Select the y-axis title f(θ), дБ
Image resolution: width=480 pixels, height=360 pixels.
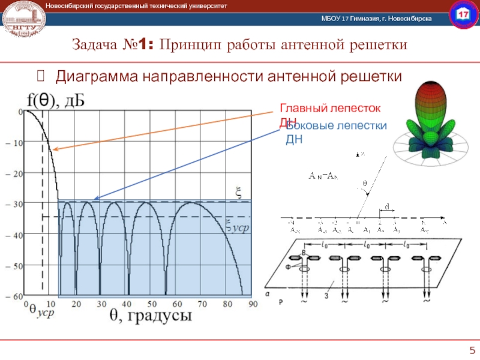[56, 100]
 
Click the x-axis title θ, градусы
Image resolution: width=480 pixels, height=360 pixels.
[150, 316]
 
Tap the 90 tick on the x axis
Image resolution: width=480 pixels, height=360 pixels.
[253, 304]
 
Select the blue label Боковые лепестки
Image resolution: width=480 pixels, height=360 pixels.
[336, 126]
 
